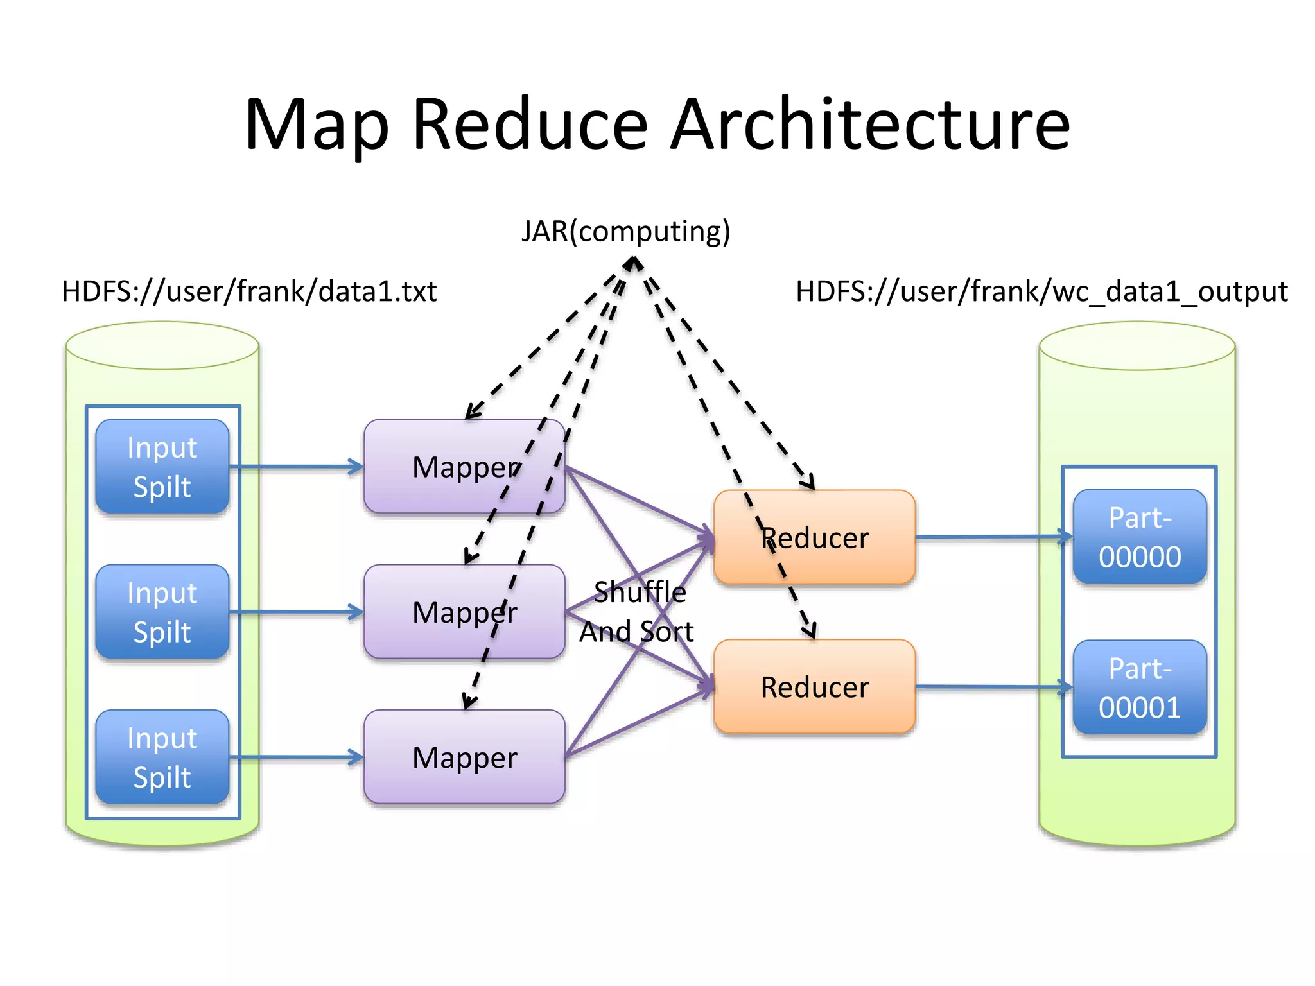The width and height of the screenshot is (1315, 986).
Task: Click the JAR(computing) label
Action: coord(625,231)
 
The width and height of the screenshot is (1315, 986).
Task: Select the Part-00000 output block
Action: coord(1140,537)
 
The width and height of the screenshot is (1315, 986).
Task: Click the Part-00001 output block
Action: coord(1140,688)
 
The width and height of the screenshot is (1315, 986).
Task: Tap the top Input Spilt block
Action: coord(162,467)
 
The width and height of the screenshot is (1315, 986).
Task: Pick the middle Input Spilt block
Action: coord(162,612)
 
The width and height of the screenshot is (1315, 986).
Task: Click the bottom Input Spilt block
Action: coord(162,757)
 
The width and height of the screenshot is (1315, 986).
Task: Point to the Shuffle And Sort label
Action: coord(638,612)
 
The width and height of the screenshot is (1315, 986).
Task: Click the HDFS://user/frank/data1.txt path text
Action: coord(249,291)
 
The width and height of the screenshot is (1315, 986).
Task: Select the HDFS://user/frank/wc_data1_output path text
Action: coord(1041,291)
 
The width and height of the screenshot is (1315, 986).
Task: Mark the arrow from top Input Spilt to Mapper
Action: coord(295,467)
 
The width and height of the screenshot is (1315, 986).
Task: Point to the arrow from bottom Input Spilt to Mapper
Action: coord(295,757)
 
